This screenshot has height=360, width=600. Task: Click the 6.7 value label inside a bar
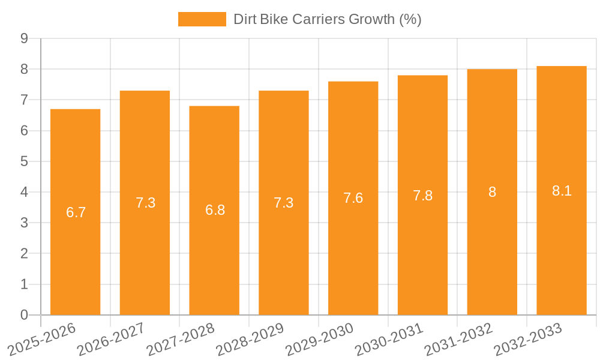pyautogui.click(x=76, y=212)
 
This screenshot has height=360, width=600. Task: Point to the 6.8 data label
pyautogui.click(x=215, y=210)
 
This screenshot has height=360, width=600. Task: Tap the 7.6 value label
pyautogui.click(x=353, y=198)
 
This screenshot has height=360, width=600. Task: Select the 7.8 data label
pyautogui.click(x=423, y=196)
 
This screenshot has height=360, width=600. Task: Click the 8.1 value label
pyautogui.click(x=562, y=191)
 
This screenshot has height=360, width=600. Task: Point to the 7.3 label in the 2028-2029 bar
pyautogui.click(x=284, y=203)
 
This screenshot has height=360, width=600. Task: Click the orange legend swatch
pyautogui.click(x=202, y=19)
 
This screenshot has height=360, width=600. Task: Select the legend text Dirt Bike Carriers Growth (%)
pyautogui.click(x=328, y=19)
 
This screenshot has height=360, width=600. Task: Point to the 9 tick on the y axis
pyautogui.click(x=25, y=38)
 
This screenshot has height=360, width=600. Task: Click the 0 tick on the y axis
pyautogui.click(x=25, y=315)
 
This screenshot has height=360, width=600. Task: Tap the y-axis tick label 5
pyautogui.click(x=25, y=161)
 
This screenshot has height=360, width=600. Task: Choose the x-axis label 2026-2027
pyautogui.click(x=110, y=339)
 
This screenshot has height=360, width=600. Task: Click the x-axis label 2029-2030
pyautogui.click(x=319, y=339)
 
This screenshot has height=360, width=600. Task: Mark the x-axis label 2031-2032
pyautogui.click(x=458, y=339)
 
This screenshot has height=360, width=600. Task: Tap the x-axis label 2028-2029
pyautogui.click(x=250, y=339)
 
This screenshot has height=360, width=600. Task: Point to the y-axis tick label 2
pyautogui.click(x=25, y=254)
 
